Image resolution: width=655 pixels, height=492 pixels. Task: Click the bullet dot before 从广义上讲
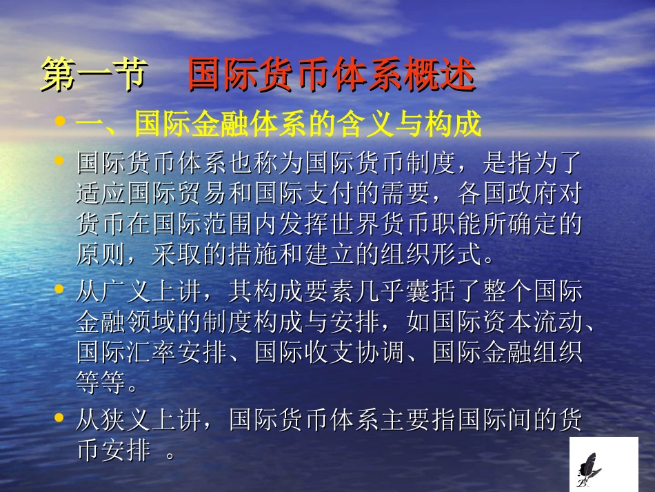click(60, 289)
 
